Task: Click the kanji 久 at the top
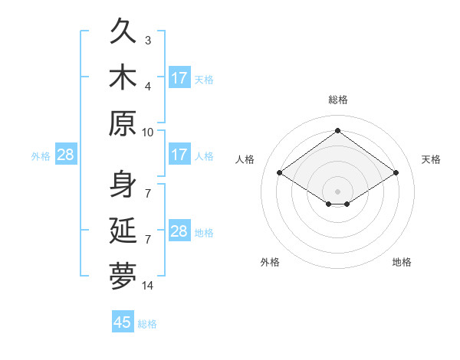pos(123,31)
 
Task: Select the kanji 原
pos(123,123)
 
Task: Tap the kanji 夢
pos(123,277)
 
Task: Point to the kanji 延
pos(123,230)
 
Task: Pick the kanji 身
pos(123,184)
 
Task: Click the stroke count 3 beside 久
pos(148,41)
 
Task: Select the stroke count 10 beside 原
pos(147,133)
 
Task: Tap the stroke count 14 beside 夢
pos(147,286)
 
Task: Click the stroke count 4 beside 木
pos(148,87)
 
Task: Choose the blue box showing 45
pos(123,321)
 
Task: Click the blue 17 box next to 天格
pos(180,77)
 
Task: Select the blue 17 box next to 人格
pos(180,154)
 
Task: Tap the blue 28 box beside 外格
pos(66,154)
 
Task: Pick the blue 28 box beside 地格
pos(180,230)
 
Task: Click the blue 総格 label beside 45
pos(147,324)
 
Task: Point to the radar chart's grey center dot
pos(337,191)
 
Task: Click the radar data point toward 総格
pos(337,130)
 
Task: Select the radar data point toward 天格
pos(396,172)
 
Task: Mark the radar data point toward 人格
pos(280,172)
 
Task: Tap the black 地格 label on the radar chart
pos(402,262)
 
